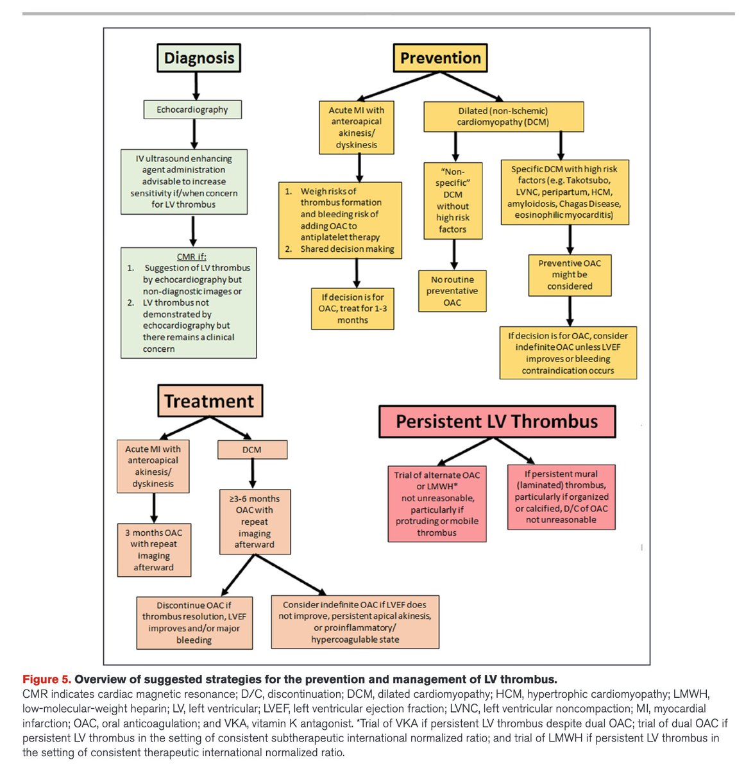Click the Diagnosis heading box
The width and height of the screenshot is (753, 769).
tap(199, 58)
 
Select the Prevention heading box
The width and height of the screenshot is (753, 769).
tap(440, 58)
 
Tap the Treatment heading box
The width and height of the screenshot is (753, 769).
tap(210, 401)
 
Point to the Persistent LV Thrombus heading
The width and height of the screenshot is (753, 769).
tap(496, 422)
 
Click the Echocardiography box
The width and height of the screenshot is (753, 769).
tap(192, 110)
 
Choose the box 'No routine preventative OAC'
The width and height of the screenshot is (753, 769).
tap(452, 291)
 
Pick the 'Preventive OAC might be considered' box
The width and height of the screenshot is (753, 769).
tap(570, 275)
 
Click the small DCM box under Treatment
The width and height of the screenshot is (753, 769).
tap(252, 450)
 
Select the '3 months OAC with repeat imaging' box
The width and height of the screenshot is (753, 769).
tap(154, 550)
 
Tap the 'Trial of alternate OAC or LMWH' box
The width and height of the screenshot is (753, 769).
tap(437, 504)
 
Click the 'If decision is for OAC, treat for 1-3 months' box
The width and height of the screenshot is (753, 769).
tap(353, 309)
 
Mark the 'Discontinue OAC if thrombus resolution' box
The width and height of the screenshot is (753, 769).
tap(194, 622)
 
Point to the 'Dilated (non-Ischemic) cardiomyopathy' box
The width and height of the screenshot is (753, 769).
tap(503, 117)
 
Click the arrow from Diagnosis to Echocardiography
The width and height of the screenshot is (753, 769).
tap(196, 86)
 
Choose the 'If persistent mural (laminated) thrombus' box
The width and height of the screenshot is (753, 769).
tap(561, 497)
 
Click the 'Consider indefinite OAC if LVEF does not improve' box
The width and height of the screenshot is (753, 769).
tap(355, 622)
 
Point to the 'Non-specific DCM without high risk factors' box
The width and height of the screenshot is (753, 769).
tap(453, 201)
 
